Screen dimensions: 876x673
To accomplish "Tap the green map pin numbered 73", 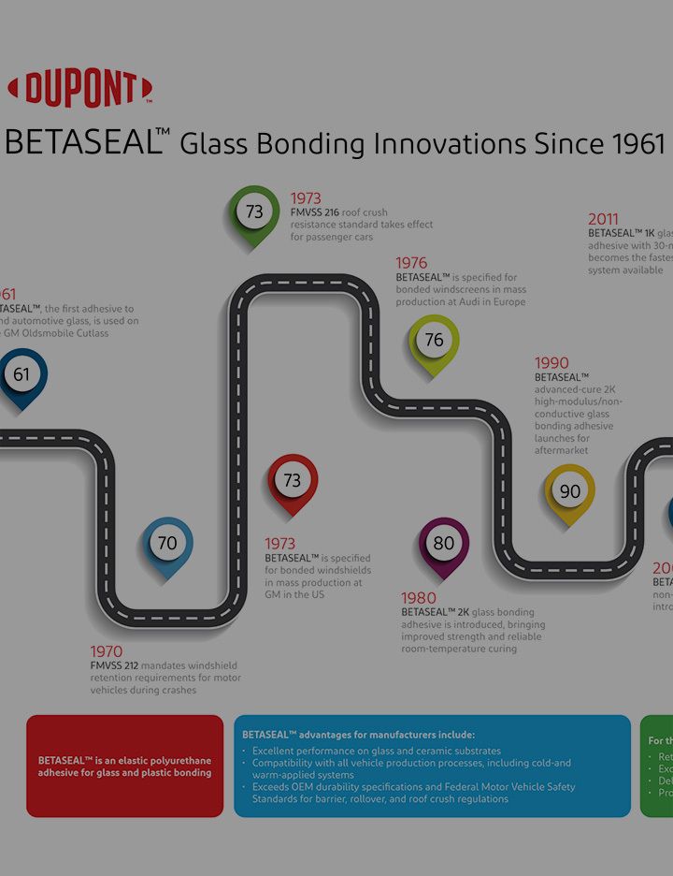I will pyautogui.click(x=254, y=213).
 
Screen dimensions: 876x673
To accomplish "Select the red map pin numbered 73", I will pyautogui.click(x=293, y=481).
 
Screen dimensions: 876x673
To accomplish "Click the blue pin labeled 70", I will pyautogui.click(x=167, y=544).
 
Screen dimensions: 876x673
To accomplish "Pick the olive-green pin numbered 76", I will pyautogui.click(x=435, y=341).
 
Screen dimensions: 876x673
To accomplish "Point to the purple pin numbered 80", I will pyautogui.click(x=443, y=544).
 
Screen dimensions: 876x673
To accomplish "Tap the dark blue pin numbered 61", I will pyautogui.click(x=21, y=376).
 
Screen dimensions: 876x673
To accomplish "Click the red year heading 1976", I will pyautogui.click(x=411, y=263).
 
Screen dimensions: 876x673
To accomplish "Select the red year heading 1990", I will pyautogui.click(x=551, y=363).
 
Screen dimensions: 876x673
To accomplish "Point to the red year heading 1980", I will pyautogui.click(x=418, y=598).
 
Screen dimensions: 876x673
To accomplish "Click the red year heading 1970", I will pyautogui.click(x=107, y=651).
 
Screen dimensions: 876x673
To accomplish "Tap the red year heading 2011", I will pyautogui.click(x=603, y=220).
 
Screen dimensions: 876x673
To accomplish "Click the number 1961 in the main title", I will pyautogui.click(x=638, y=144).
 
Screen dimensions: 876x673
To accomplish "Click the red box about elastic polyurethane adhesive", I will pyautogui.click(x=125, y=766).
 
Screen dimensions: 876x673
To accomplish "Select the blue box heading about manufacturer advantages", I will pyautogui.click(x=359, y=735).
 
